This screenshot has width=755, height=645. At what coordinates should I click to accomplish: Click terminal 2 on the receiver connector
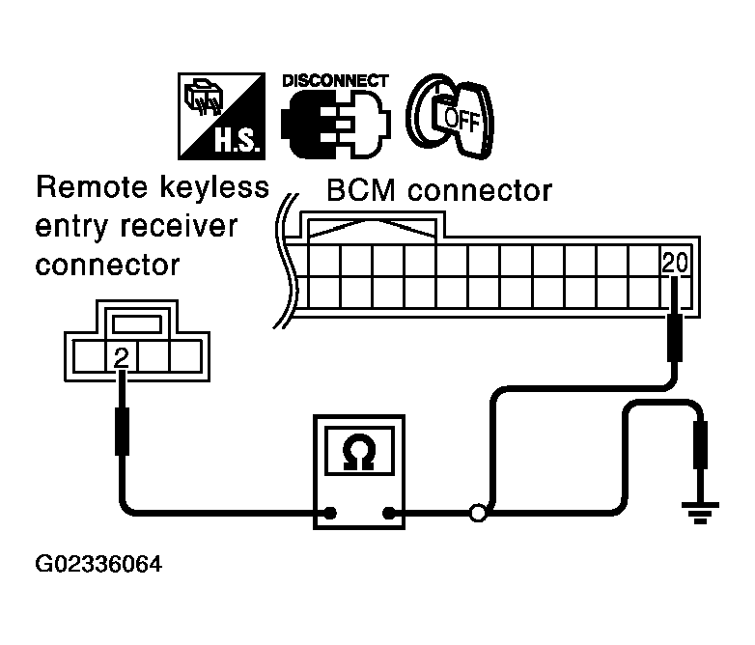(x=121, y=358)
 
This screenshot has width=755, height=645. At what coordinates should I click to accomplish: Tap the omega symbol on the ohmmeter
(x=359, y=452)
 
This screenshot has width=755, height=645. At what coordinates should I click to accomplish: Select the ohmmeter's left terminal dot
(x=331, y=514)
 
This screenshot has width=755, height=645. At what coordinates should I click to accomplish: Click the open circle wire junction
(x=478, y=514)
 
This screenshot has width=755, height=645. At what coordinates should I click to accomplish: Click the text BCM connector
(x=439, y=189)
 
